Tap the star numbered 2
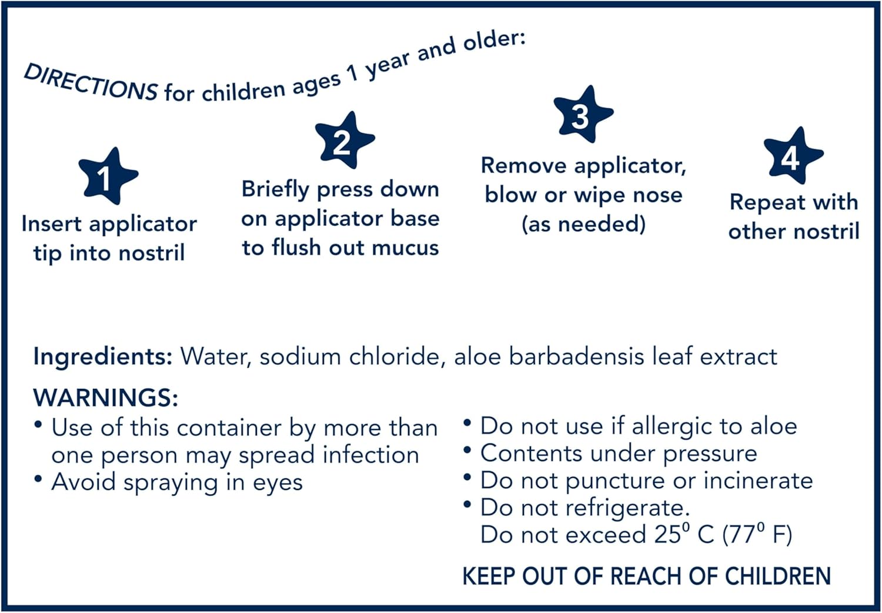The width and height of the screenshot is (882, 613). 343,141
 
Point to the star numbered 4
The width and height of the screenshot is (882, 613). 793,156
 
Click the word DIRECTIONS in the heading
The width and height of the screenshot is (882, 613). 91,83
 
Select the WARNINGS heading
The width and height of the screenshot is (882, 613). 106,398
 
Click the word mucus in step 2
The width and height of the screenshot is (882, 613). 405,248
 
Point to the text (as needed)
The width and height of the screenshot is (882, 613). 583,224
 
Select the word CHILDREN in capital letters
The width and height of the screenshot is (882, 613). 777,576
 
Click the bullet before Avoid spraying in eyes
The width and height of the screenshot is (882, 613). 38,479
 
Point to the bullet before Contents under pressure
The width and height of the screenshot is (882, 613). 467,451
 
